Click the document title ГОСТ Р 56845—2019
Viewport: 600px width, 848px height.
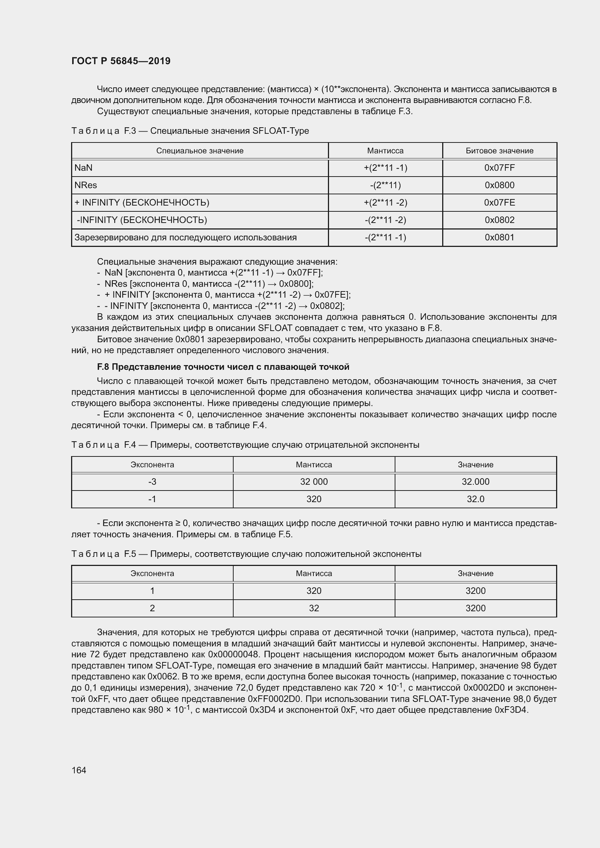(x=121, y=61)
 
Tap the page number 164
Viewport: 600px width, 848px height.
(x=79, y=770)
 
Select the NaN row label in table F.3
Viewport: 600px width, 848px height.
(x=83, y=168)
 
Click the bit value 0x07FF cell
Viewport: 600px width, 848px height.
(x=499, y=168)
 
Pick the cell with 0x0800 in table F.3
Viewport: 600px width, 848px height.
(x=499, y=185)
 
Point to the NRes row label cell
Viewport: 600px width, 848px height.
(x=86, y=185)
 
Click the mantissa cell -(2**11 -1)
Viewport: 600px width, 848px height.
(x=385, y=237)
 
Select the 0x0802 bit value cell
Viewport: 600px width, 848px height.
(x=499, y=220)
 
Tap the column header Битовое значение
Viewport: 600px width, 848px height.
(x=499, y=151)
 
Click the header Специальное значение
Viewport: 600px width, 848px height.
(x=200, y=151)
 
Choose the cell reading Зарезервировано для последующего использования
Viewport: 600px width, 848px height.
(x=185, y=237)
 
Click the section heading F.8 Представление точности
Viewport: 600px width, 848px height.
(x=223, y=367)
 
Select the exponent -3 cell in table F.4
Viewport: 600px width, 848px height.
(x=152, y=481)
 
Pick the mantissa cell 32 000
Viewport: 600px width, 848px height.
(x=314, y=481)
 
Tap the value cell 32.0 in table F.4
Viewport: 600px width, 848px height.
(x=475, y=499)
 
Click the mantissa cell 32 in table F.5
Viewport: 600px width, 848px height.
(x=314, y=608)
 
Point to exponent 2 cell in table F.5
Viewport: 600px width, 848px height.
(x=152, y=608)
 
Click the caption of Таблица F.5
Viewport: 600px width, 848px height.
(x=246, y=554)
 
